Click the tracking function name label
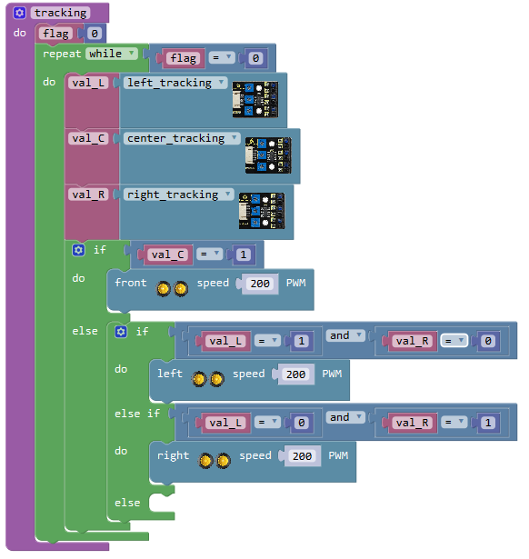point(61,14)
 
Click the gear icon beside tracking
point(19,14)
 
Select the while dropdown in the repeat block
point(112,54)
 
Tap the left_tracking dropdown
point(175,83)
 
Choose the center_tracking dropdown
point(182,138)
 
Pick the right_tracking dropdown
point(178,195)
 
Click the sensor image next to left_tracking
point(255,99)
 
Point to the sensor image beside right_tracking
point(262,211)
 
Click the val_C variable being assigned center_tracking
point(88,138)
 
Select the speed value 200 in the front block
point(260,284)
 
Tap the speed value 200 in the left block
point(296,374)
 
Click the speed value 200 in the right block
point(303,456)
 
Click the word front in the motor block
point(131,283)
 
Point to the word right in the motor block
point(174,456)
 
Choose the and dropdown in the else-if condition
point(345,417)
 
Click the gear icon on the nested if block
point(121,332)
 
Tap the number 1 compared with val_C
point(244,255)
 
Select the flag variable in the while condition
point(184,58)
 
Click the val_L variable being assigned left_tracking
point(88,83)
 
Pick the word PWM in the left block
point(332,374)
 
